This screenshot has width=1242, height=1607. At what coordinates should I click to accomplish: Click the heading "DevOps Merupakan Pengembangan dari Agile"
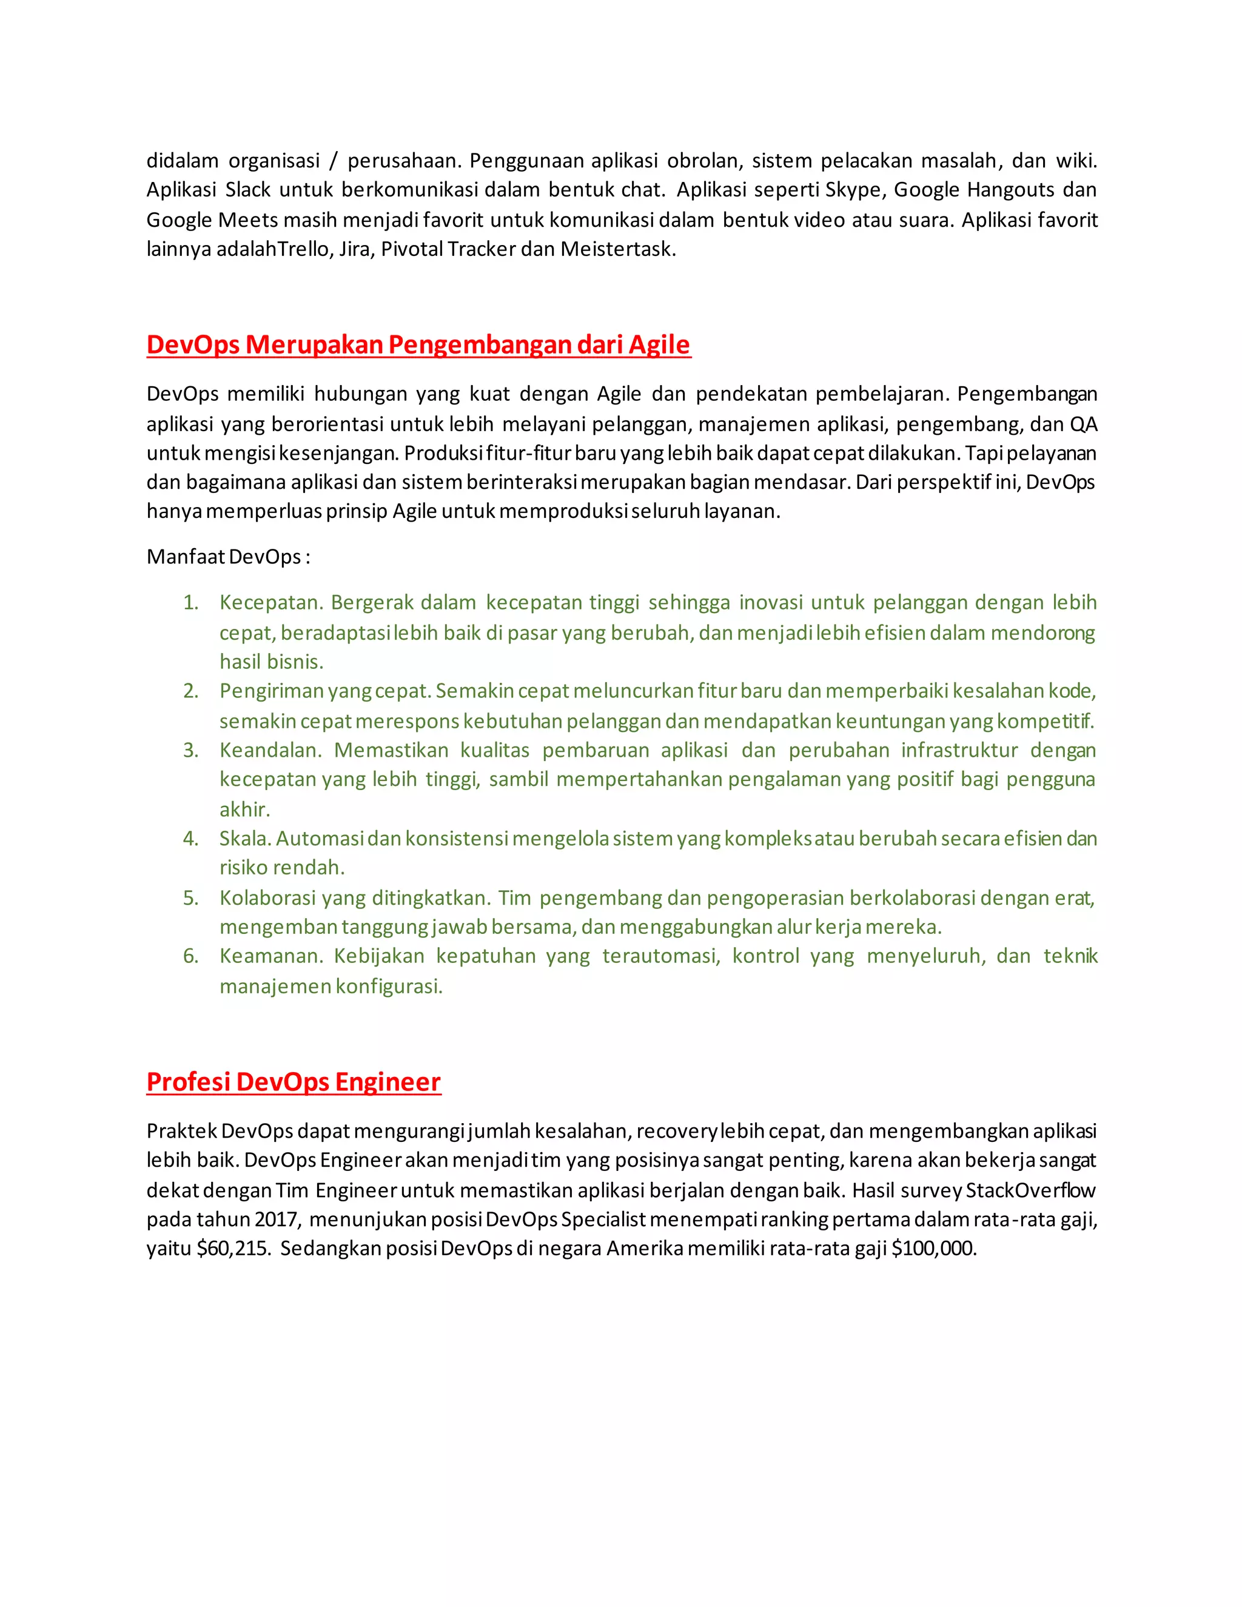point(418,344)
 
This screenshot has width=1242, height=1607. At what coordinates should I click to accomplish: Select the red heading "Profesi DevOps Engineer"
point(294,1082)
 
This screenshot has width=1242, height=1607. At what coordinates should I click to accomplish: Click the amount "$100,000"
point(932,1249)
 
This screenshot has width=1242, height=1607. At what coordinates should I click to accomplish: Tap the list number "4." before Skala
point(190,839)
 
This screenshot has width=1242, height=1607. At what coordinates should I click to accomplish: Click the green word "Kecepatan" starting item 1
point(270,603)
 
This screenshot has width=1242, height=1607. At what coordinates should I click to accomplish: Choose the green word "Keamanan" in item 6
point(270,956)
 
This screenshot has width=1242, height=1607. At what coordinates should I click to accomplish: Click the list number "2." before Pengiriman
point(190,691)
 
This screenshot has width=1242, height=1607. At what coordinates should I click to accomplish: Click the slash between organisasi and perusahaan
point(334,161)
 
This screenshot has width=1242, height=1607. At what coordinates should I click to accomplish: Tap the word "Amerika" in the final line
point(645,1249)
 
